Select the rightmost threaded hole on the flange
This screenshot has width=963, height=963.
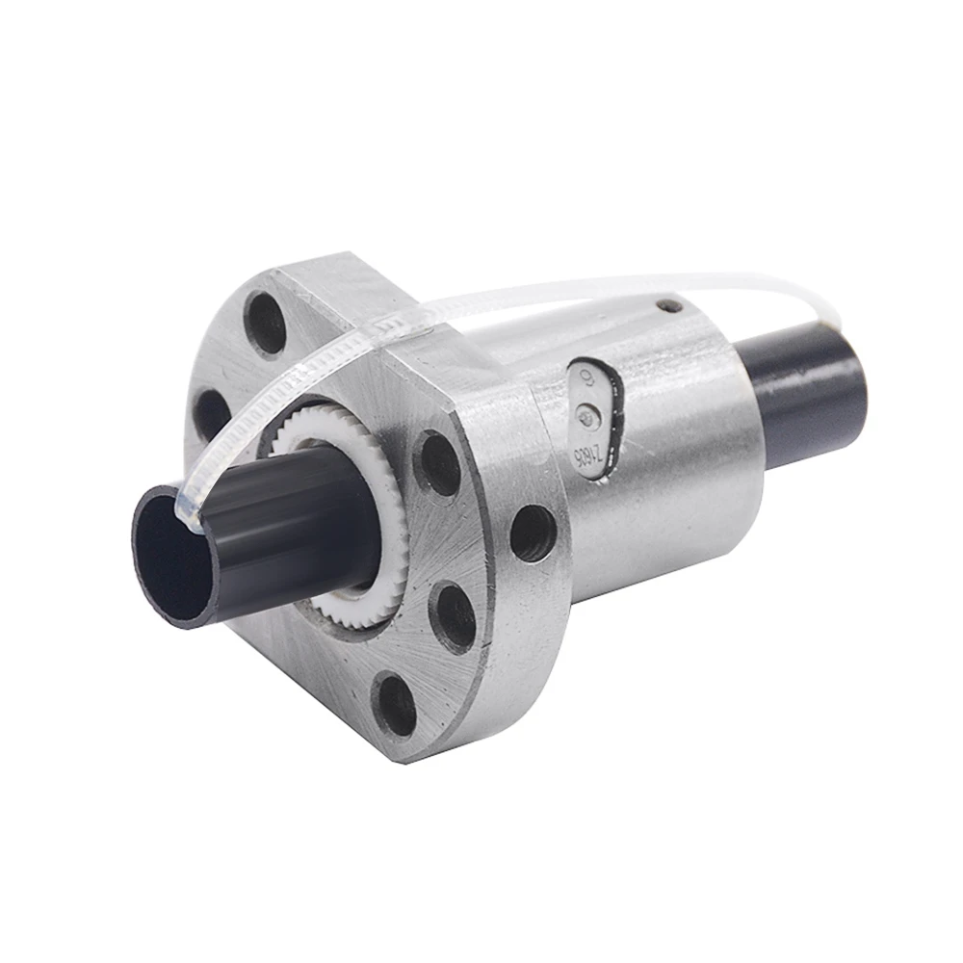[533, 533]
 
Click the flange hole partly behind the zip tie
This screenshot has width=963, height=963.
[214, 414]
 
